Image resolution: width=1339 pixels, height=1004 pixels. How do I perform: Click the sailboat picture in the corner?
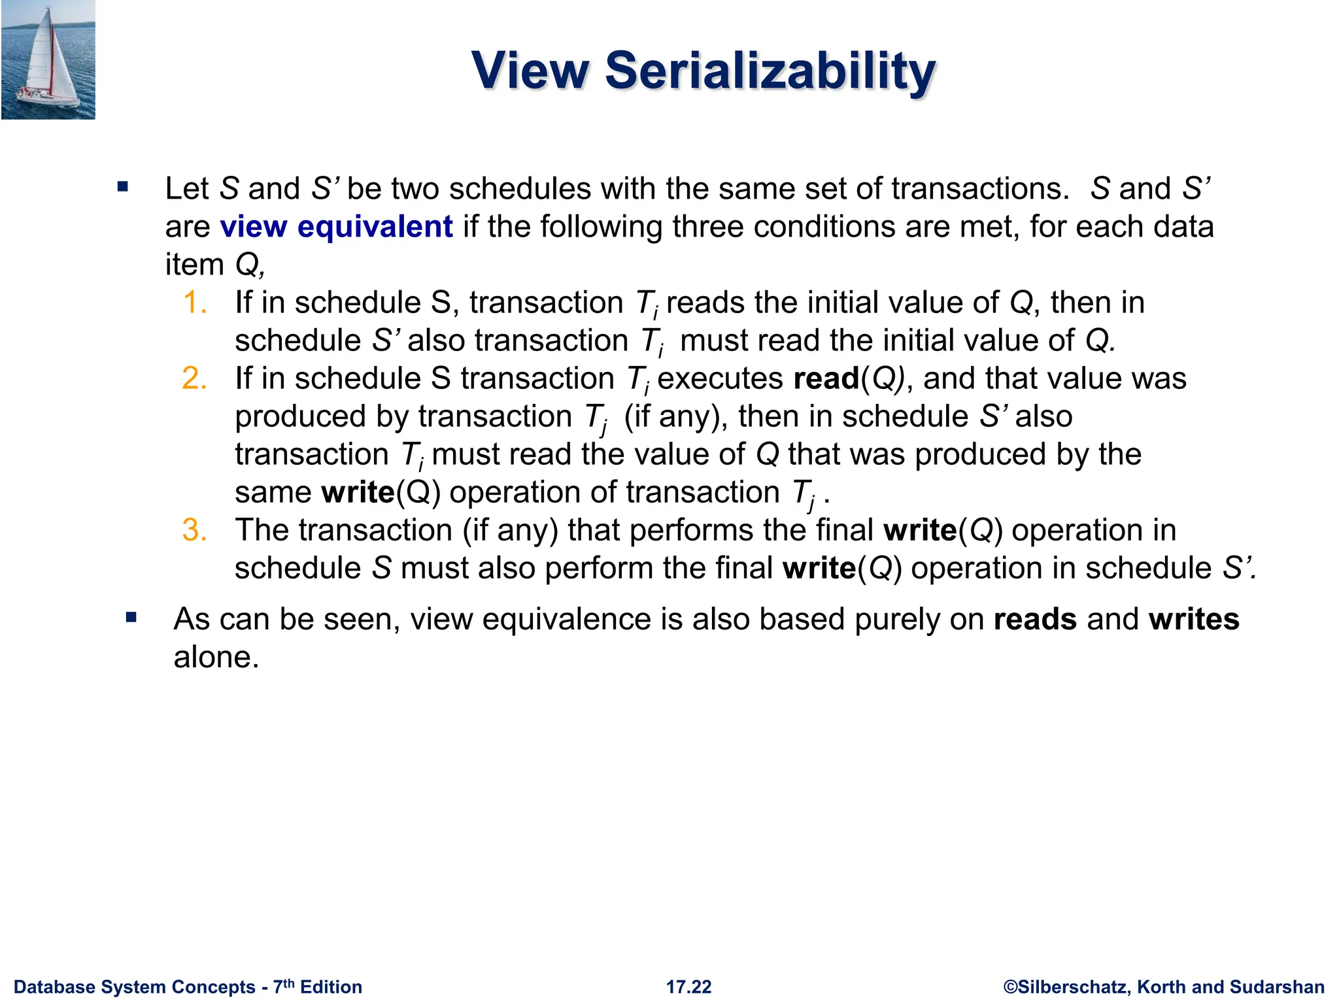click(x=48, y=59)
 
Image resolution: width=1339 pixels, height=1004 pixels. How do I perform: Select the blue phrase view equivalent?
click(x=336, y=227)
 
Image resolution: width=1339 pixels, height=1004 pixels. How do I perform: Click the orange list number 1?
click(x=194, y=303)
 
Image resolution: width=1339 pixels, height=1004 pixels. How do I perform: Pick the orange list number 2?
click(x=194, y=378)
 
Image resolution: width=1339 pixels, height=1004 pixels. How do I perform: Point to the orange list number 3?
click(x=194, y=530)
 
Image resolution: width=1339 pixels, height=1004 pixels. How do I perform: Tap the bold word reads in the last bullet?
click(x=1034, y=619)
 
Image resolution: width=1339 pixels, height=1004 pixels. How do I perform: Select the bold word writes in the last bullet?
click(x=1193, y=619)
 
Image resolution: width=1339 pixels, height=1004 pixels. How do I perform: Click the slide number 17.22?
click(x=688, y=987)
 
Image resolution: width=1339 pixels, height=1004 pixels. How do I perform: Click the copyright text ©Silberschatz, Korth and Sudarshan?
click(x=1164, y=987)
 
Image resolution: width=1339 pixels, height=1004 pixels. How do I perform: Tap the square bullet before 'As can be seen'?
click(x=131, y=617)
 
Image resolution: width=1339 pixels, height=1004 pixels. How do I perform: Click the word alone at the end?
click(x=216, y=657)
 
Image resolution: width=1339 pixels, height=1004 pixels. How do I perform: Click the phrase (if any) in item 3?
click(x=510, y=530)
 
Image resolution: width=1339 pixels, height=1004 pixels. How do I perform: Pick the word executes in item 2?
click(x=719, y=379)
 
